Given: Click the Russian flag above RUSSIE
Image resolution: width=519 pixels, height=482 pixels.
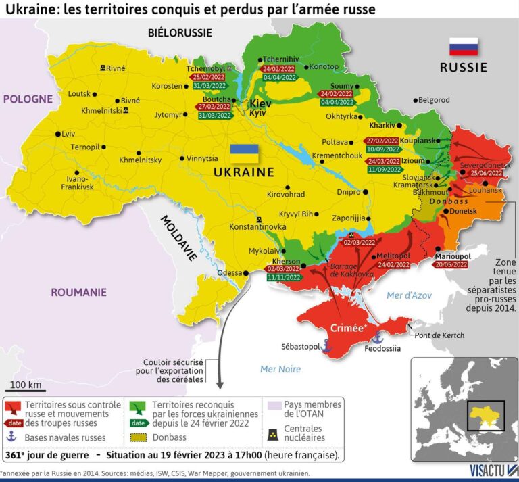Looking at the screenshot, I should coord(464,47).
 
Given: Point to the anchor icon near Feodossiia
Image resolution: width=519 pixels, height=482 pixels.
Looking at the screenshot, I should coord(378,337).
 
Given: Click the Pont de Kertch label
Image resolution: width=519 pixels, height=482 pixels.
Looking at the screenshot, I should coord(441,335).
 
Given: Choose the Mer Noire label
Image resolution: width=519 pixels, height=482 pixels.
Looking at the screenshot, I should coord(280,369).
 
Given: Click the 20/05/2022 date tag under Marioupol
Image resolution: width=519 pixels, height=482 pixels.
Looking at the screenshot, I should coord(451,265).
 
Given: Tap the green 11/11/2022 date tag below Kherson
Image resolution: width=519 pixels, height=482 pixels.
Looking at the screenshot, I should coord(283,277).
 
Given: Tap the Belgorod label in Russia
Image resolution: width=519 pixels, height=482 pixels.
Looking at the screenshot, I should coord(434,100).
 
